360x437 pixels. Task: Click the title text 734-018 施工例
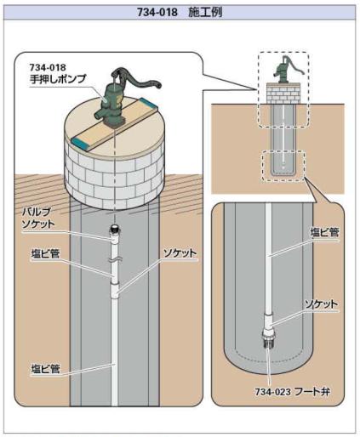[180, 13]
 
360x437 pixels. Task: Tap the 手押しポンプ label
[58, 79]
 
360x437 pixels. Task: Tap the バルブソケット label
[38, 218]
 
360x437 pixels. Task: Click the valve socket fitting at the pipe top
[115, 233]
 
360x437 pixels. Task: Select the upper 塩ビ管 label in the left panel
[45, 253]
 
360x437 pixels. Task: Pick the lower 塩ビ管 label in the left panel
[45, 370]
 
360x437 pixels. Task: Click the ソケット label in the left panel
[180, 253]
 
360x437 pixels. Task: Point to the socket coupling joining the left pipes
[114, 289]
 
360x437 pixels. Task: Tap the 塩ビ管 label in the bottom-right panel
[324, 232]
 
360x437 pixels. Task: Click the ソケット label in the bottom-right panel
[322, 304]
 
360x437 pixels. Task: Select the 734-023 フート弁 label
[293, 392]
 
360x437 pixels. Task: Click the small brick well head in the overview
[283, 94]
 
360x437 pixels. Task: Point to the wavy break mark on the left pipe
[115, 259]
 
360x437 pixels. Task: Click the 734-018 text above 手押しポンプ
[48, 68]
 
